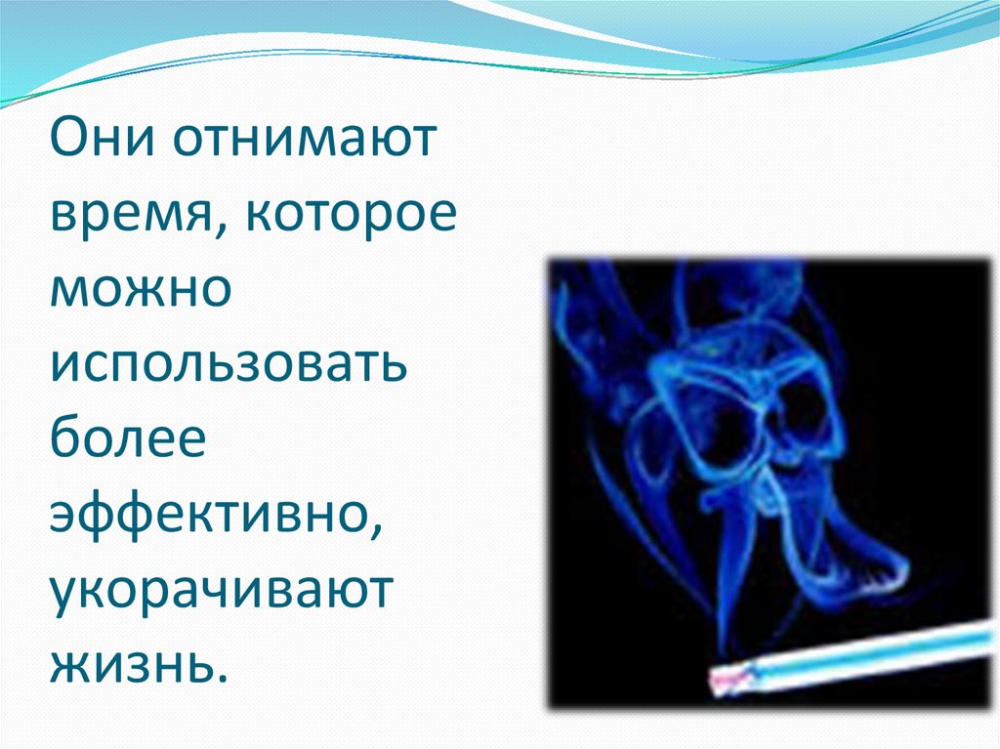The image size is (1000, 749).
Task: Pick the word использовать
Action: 229,365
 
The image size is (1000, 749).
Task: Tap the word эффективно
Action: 209,515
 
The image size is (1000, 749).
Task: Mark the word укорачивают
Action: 221,590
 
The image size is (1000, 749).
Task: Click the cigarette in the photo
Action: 850,656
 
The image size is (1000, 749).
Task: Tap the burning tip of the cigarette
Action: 722,680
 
